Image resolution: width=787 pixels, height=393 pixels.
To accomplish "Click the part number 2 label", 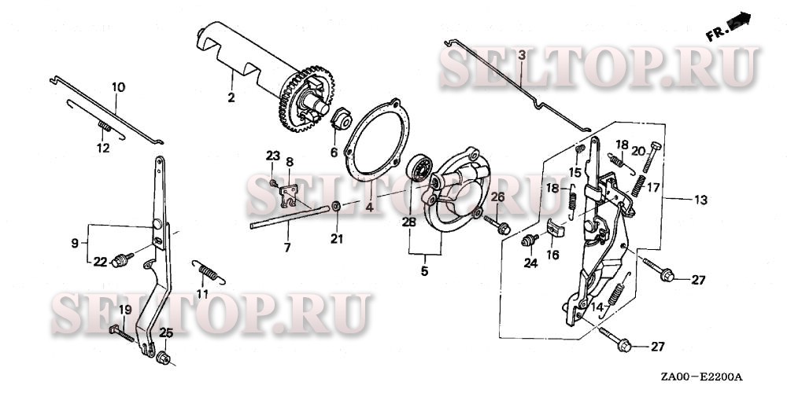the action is pos(231,97).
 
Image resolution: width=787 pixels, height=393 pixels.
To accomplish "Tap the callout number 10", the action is pos(119,87).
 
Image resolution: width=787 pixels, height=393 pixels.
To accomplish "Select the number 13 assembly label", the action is pos(700,200).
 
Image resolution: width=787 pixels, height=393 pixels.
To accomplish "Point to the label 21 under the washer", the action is pos(337,239).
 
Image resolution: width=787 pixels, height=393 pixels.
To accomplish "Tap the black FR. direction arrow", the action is pos(739,20).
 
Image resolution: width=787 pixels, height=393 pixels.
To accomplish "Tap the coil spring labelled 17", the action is pos(638,185).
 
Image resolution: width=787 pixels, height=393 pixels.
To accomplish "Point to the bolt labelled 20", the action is pos(650,157).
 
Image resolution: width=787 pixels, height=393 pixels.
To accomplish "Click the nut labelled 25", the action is pos(163,358).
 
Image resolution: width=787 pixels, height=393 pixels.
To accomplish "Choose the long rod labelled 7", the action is pos(290,217).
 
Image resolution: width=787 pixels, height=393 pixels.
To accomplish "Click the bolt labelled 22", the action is pos(121,259).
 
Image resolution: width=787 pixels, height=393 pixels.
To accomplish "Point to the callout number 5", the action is pos(425,272).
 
